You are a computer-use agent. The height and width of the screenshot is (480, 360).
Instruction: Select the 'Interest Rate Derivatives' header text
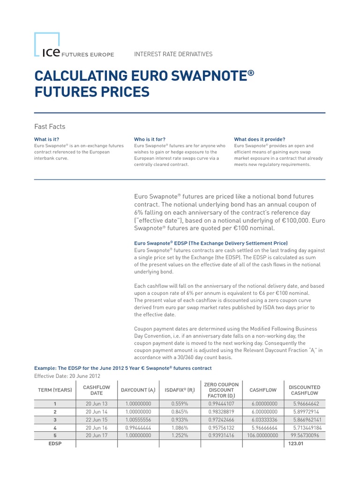(x=173, y=54)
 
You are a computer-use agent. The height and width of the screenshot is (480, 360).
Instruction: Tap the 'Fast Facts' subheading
(x=50, y=127)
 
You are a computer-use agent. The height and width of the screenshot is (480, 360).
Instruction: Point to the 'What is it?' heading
(x=47, y=139)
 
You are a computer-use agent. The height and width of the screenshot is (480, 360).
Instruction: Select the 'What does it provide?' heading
(x=259, y=139)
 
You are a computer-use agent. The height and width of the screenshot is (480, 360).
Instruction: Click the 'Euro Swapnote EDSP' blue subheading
(x=210, y=244)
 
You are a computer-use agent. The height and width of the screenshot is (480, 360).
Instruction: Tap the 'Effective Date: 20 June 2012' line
(x=67, y=376)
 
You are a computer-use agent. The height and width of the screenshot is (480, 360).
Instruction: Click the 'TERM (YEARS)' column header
(x=55, y=390)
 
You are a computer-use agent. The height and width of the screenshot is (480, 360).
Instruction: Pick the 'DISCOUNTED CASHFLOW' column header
(x=304, y=390)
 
